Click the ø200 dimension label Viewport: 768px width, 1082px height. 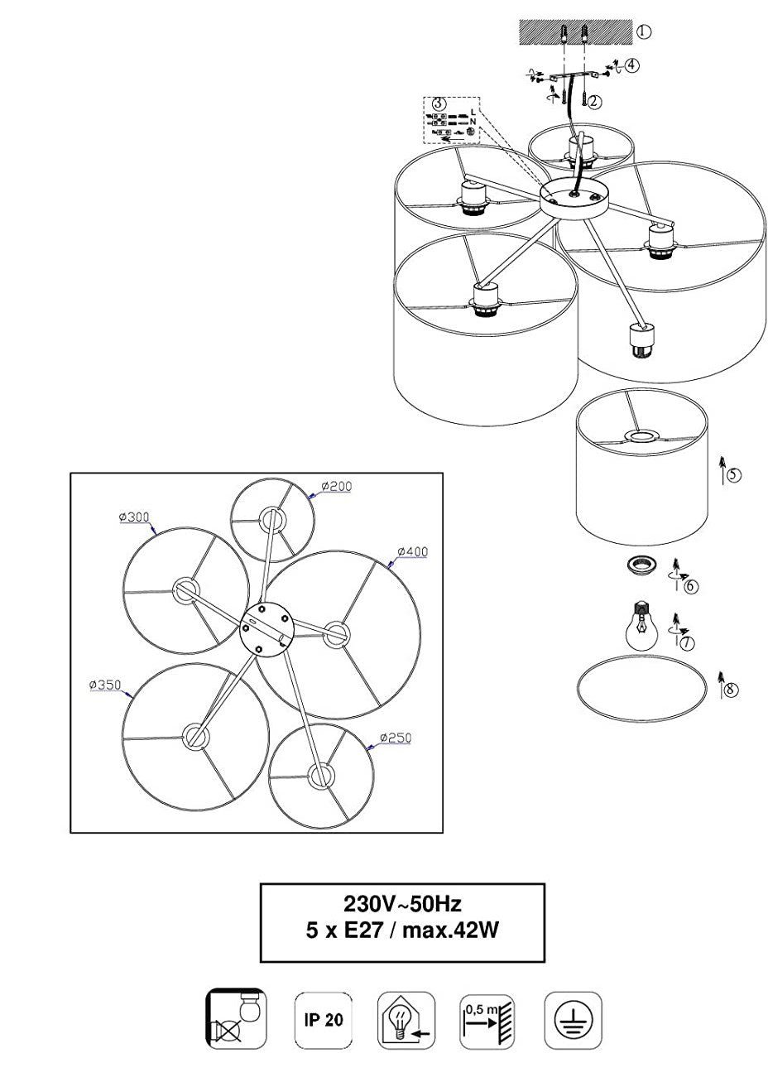[x=335, y=487]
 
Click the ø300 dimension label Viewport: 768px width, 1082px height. [x=134, y=517]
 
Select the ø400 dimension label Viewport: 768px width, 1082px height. [x=412, y=551]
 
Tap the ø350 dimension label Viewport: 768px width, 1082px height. [x=105, y=685]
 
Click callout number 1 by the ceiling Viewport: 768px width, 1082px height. [x=643, y=32]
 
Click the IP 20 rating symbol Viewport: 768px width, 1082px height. [x=319, y=1019]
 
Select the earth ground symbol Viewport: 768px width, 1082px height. [x=573, y=1020]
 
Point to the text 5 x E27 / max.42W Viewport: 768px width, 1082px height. [x=402, y=931]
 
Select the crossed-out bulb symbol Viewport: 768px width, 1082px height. [x=236, y=1019]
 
